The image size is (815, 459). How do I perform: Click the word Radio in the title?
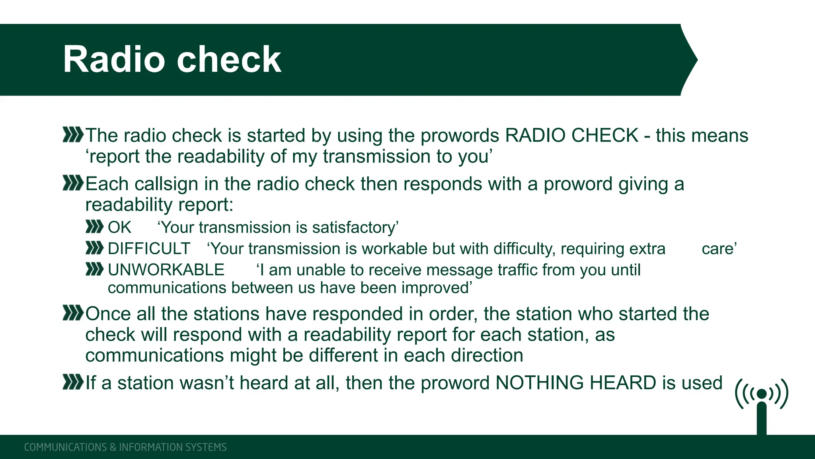[114, 59]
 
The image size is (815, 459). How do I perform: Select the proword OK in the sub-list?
[119, 228]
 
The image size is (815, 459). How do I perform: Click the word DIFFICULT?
[149, 249]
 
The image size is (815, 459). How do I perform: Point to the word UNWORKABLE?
[166, 270]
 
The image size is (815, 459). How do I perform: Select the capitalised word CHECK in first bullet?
[605, 135]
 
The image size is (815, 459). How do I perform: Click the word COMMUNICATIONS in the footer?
[65, 447]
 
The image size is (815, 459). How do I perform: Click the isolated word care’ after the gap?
[719, 249]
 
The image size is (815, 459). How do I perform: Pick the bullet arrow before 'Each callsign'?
[73, 183]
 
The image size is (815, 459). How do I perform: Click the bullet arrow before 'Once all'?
[73, 313]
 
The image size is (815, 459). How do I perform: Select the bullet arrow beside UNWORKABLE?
[94, 270]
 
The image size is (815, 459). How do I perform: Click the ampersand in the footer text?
[113, 447]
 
